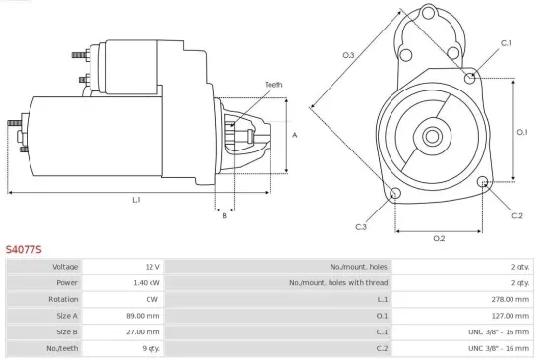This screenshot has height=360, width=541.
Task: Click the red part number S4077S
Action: [23, 250]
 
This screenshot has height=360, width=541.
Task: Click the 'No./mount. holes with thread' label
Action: [337, 282]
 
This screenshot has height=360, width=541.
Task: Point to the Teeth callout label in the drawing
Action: [273, 85]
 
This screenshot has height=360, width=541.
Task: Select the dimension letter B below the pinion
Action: [224, 215]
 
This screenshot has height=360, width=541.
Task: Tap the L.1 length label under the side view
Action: [136, 200]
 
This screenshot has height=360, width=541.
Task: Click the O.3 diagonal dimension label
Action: [348, 55]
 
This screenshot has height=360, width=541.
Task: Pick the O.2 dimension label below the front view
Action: [439, 238]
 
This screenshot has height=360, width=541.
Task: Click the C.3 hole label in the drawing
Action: [361, 227]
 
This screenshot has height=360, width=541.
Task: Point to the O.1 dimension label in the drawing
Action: [523, 131]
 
